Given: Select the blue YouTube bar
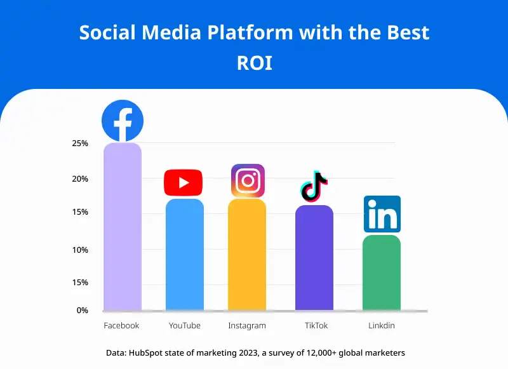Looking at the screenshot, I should click(185, 255).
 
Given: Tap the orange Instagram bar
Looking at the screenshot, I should click(247, 255).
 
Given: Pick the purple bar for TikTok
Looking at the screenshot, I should click(314, 258).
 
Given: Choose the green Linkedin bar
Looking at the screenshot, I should click(382, 273).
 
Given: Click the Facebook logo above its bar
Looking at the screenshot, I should click(123, 121).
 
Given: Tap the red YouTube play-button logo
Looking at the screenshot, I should click(183, 183).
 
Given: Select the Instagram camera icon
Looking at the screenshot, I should click(248, 181).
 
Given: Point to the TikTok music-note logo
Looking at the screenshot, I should click(314, 186).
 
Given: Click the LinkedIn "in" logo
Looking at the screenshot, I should click(382, 215).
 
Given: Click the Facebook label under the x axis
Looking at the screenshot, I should click(121, 326).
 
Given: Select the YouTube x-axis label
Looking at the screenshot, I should click(185, 326).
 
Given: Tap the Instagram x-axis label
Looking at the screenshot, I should click(247, 326).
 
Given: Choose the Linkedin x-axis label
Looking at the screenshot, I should click(382, 326).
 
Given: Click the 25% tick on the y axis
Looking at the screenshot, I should click(80, 144).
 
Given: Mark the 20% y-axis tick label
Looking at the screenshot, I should click(80, 179).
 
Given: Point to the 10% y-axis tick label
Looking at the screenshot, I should click(80, 250).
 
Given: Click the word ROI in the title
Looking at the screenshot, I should click(254, 64).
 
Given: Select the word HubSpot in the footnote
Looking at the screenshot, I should click(147, 352).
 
